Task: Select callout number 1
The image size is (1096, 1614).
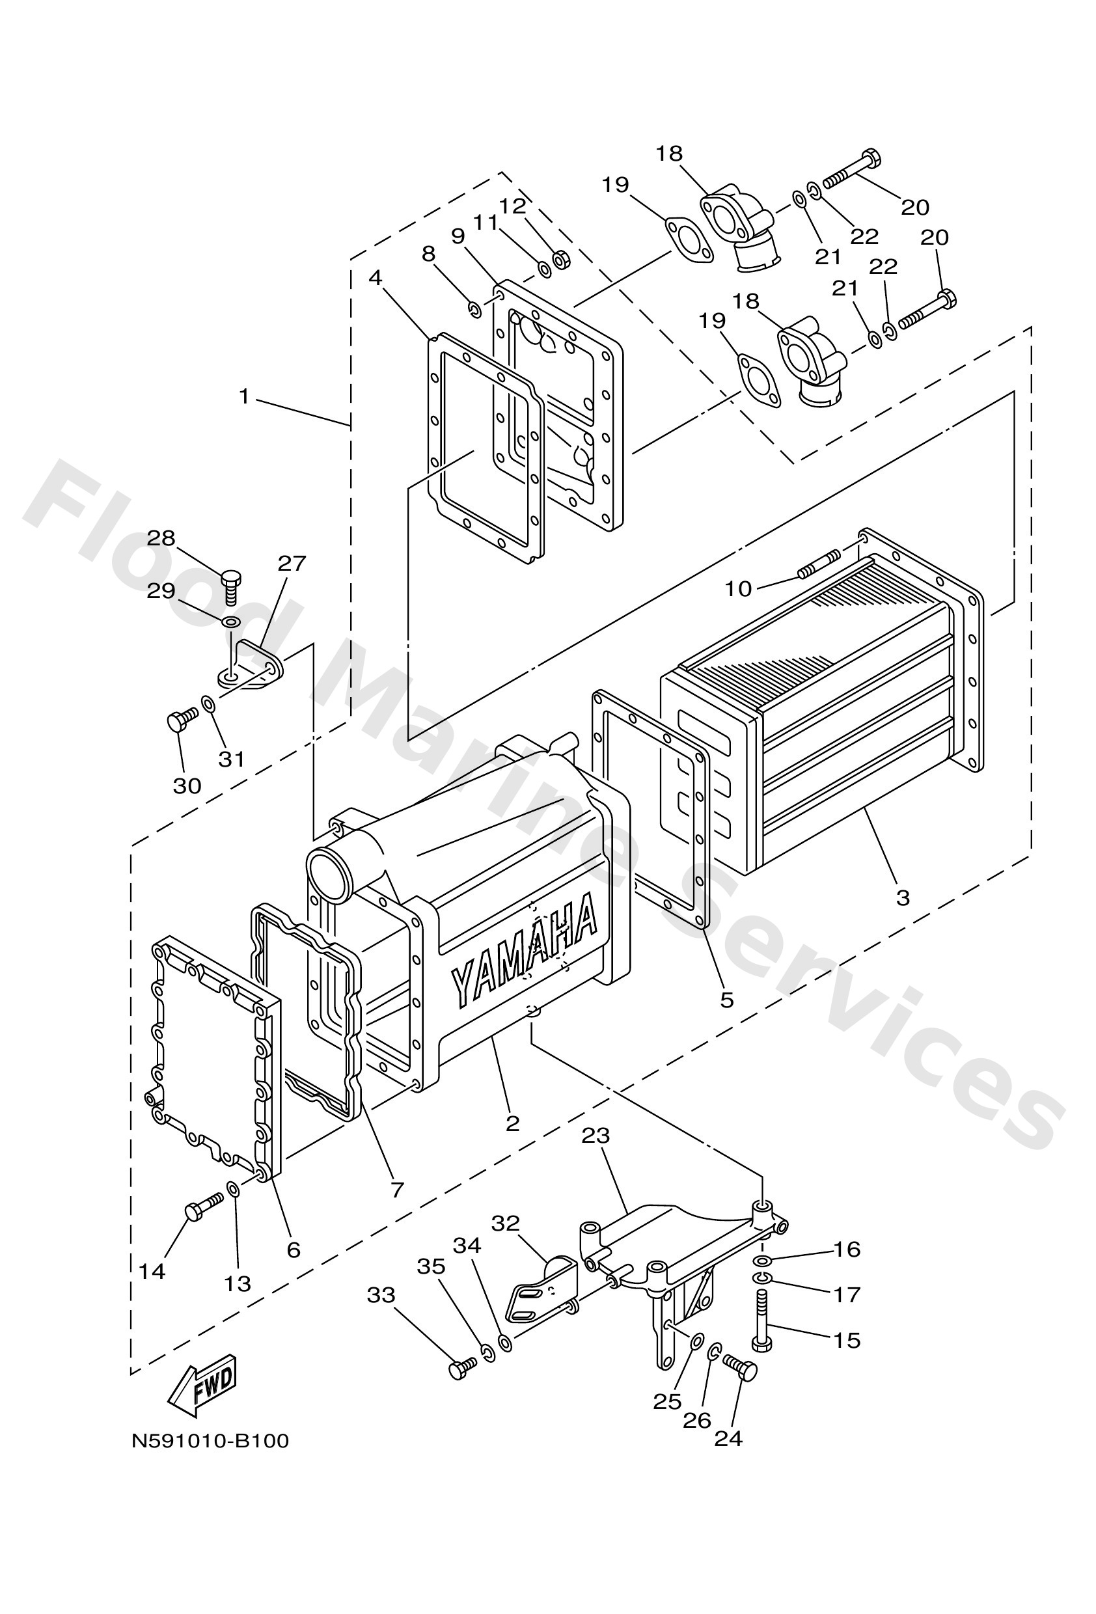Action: tap(244, 396)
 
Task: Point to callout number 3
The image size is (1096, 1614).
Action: tap(902, 898)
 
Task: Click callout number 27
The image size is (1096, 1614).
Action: tap(291, 562)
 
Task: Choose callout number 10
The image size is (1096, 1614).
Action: tap(737, 589)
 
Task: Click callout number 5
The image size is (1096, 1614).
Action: tap(726, 1000)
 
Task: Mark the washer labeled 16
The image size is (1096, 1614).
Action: tap(761, 1261)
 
